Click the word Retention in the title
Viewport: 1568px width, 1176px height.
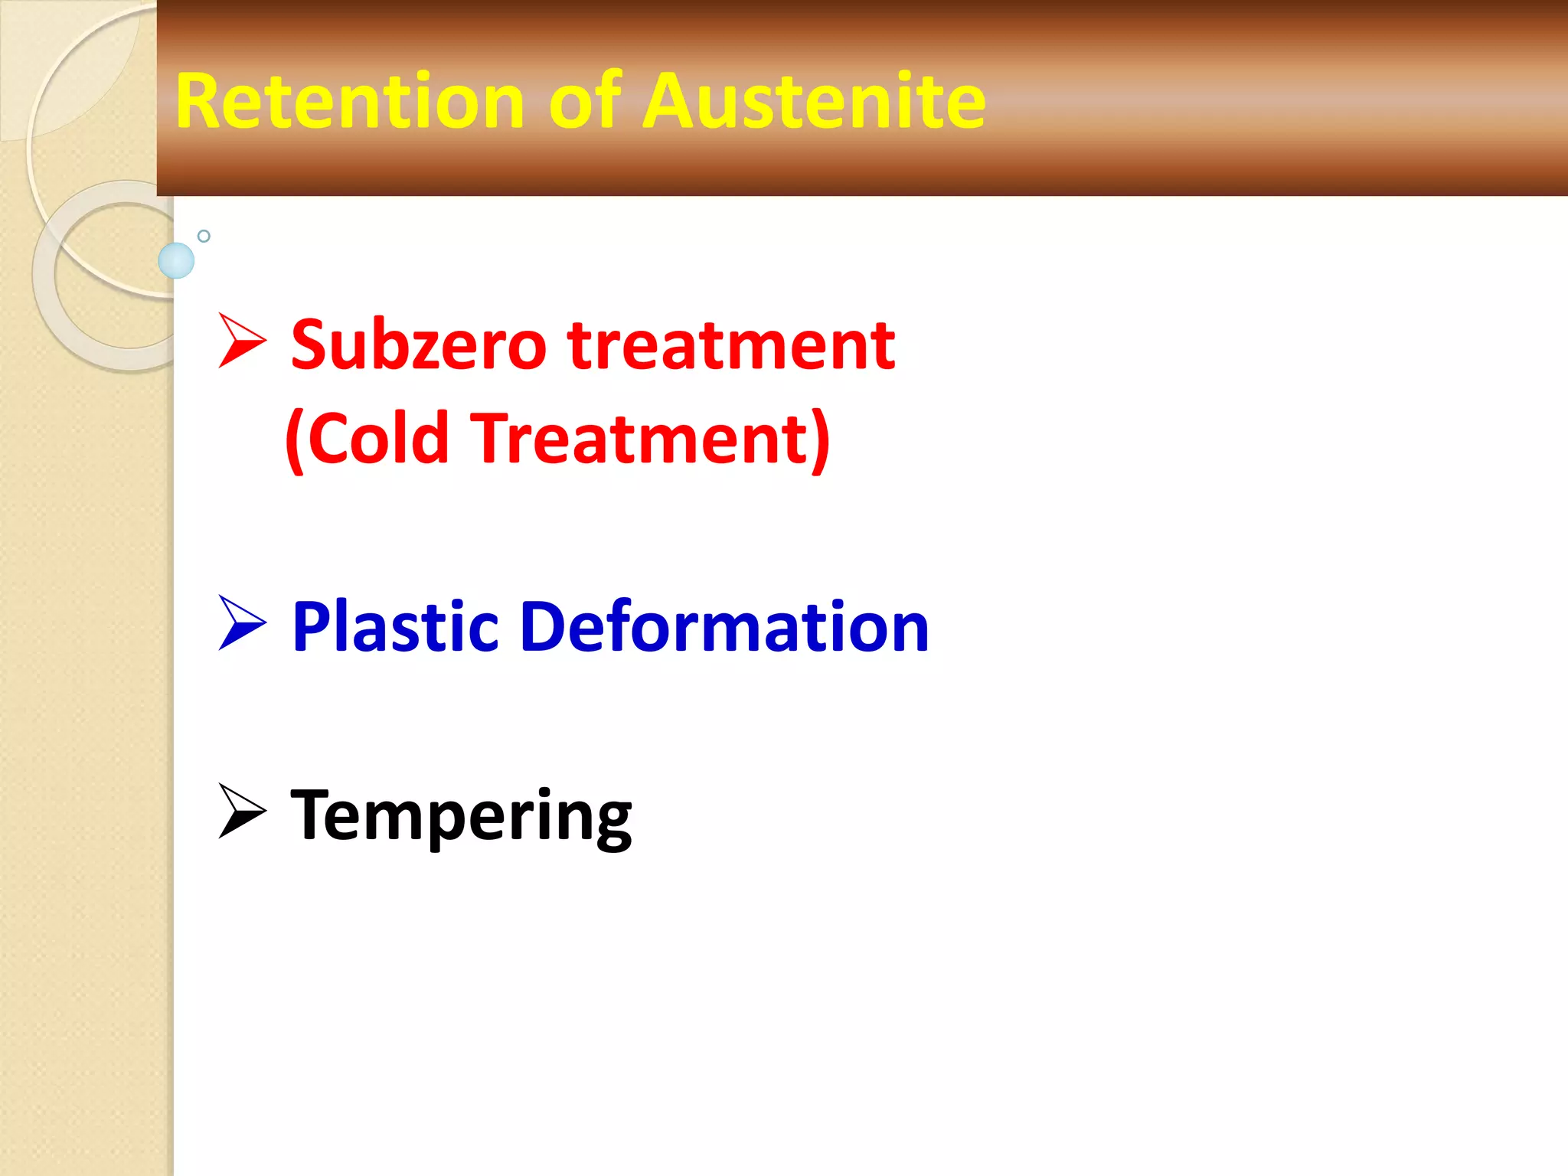[x=349, y=101]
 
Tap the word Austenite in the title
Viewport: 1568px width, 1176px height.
[x=813, y=101]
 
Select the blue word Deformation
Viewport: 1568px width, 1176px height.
[x=724, y=627]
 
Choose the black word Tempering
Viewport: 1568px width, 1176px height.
[x=461, y=816]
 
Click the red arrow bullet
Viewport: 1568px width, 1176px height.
[x=240, y=341]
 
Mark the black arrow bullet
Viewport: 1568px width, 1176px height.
[x=240, y=812]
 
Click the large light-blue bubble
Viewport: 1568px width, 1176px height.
[x=176, y=260]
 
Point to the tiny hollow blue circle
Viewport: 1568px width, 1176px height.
[x=204, y=236]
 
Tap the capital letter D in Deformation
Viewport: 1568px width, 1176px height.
[x=545, y=627]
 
